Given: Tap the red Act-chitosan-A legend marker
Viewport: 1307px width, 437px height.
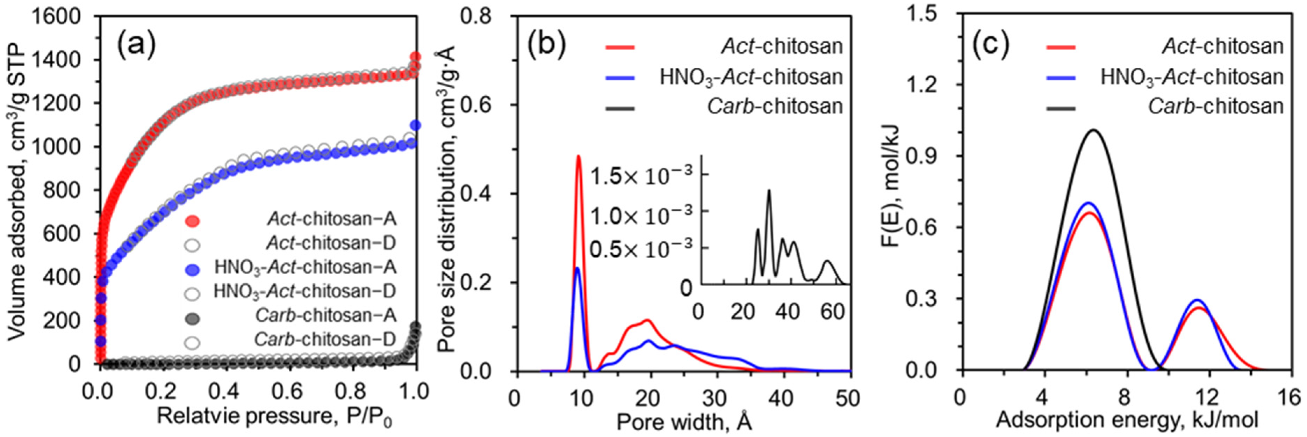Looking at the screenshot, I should [x=192, y=220].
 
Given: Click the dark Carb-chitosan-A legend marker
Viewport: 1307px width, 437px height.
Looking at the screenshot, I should [x=192, y=318].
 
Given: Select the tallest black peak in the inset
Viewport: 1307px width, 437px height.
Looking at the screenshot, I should [x=769, y=191].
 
